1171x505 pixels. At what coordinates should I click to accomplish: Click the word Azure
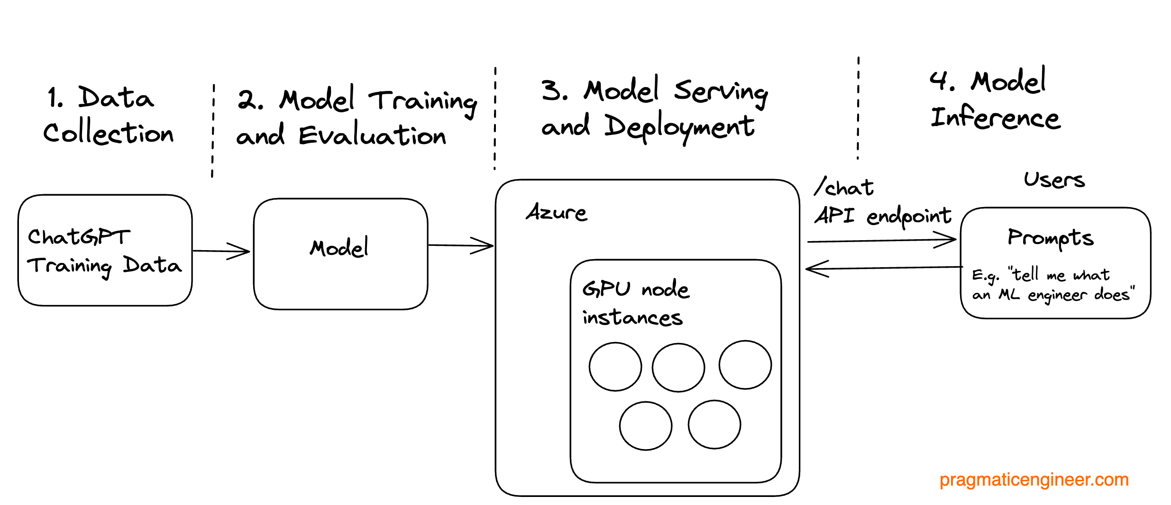pyautogui.click(x=557, y=213)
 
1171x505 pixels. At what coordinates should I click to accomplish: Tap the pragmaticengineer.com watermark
pyautogui.click(x=1034, y=479)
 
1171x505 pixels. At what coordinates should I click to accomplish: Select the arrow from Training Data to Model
pyautogui.click(x=221, y=251)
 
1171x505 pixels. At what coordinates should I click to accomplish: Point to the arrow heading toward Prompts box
pyautogui.click(x=882, y=241)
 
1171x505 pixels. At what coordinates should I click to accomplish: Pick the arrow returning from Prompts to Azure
pyautogui.click(x=882, y=268)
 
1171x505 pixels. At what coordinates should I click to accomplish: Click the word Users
pyautogui.click(x=1053, y=180)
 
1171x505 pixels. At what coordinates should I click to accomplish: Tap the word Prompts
pyautogui.click(x=1050, y=238)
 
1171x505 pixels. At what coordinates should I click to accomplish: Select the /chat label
pyautogui.click(x=844, y=188)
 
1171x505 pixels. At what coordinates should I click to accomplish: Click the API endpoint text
pyautogui.click(x=883, y=216)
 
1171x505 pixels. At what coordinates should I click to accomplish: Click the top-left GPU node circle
pyautogui.click(x=615, y=367)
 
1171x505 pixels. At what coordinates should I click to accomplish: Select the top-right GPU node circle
pyautogui.click(x=745, y=365)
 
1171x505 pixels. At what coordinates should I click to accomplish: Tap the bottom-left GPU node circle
pyautogui.click(x=645, y=425)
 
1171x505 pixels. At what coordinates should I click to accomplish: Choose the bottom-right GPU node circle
pyautogui.click(x=714, y=424)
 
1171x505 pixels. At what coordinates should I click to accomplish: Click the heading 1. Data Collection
pyautogui.click(x=108, y=115)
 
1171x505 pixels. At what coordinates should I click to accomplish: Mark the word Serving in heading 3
pyautogui.click(x=721, y=91)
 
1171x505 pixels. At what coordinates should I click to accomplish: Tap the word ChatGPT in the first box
pyautogui.click(x=79, y=236)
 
